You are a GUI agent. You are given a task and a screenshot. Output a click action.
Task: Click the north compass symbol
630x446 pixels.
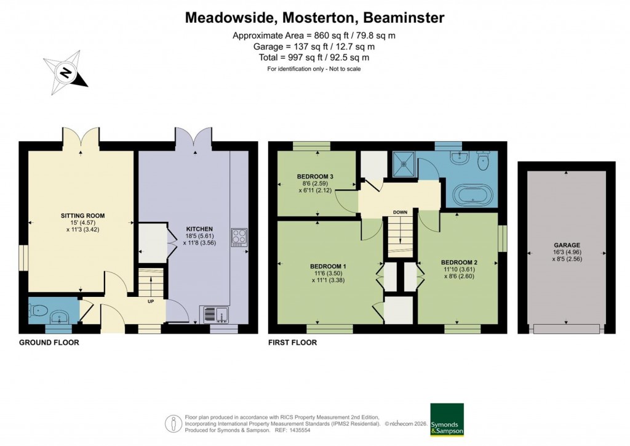click(x=65, y=73)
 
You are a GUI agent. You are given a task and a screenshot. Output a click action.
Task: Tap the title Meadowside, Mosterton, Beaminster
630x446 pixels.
click(x=314, y=18)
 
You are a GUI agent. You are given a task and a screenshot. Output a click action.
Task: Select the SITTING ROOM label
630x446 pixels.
click(x=82, y=216)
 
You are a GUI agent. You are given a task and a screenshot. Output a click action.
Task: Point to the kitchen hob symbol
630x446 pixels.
click(x=238, y=237)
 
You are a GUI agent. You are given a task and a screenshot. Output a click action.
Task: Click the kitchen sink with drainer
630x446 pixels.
click(x=214, y=314)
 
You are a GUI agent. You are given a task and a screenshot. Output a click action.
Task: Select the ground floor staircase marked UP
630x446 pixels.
click(x=150, y=286)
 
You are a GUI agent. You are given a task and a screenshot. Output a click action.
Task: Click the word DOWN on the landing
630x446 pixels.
click(x=401, y=213)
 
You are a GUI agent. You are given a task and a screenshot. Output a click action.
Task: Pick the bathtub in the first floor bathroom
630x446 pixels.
click(x=472, y=196)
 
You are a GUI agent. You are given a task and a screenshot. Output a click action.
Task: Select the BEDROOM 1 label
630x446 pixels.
click(x=328, y=266)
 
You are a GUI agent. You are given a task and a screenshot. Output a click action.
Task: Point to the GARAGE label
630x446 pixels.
click(x=566, y=245)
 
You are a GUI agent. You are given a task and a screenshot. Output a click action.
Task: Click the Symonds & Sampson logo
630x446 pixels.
click(x=447, y=420)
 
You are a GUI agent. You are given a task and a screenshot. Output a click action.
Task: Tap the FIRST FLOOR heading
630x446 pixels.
click(x=293, y=343)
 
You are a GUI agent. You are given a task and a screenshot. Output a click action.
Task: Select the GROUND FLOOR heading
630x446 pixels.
click(x=49, y=343)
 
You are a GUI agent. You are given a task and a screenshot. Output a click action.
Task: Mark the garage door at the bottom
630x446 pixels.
click(x=566, y=329)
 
